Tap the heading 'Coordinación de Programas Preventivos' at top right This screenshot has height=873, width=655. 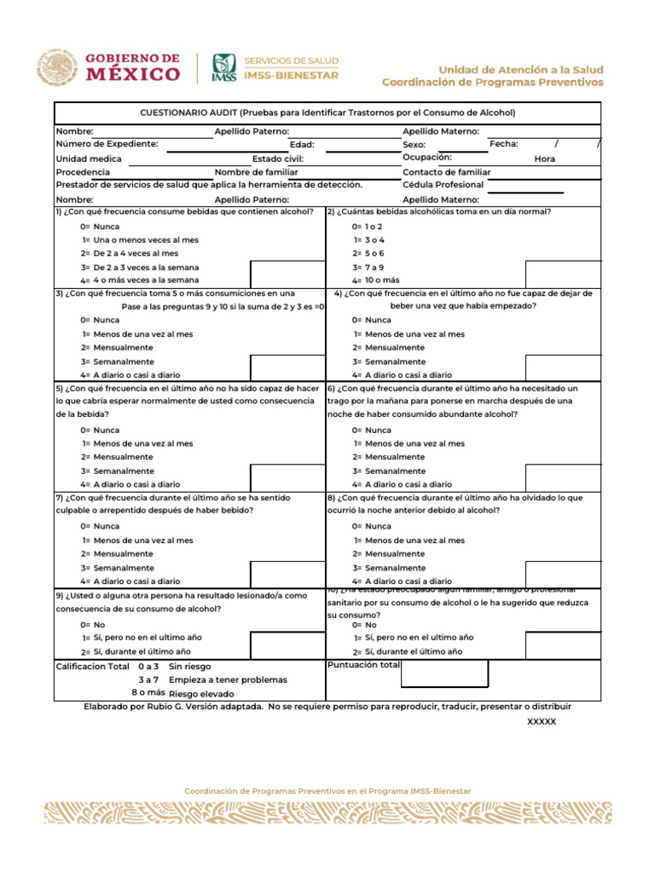pyautogui.click(x=492, y=83)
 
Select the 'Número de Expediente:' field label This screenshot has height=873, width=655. pyautogui.click(x=107, y=144)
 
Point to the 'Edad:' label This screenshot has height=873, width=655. pyautogui.click(x=302, y=145)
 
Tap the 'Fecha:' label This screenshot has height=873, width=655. pyautogui.click(x=503, y=144)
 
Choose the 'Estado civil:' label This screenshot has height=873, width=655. pyautogui.click(x=277, y=159)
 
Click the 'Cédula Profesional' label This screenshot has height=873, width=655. pyautogui.click(x=443, y=185)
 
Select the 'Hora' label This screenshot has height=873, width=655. pyautogui.click(x=544, y=159)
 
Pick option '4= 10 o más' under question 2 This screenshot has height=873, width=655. pyautogui.click(x=375, y=280)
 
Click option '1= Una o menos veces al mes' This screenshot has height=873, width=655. pyautogui.click(x=140, y=240)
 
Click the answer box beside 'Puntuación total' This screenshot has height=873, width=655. pyautogui.click(x=444, y=674)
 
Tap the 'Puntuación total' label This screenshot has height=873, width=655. pyautogui.click(x=363, y=665)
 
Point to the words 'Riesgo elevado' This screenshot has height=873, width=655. pyautogui.click(x=201, y=694)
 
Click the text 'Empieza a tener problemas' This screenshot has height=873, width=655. pyautogui.click(x=228, y=679)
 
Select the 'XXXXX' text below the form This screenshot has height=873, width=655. pyautogui.click(x=542, y=721)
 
